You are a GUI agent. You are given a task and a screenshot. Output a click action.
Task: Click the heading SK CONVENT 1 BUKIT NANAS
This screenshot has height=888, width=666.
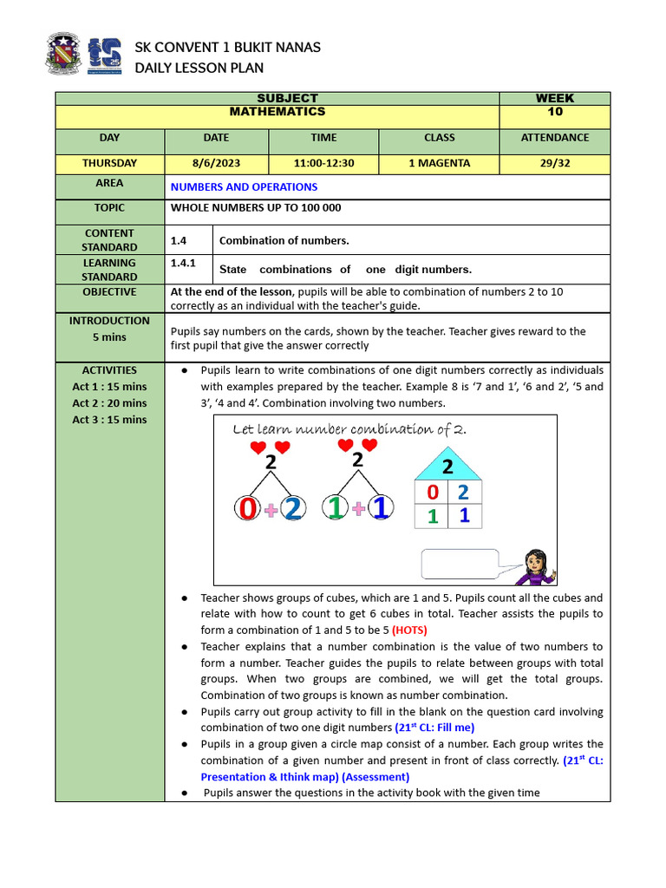tap(227, 47)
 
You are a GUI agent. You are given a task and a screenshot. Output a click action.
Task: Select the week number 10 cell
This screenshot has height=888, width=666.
tap(555, 112)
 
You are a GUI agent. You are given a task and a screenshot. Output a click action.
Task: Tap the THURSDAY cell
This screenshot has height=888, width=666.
tap(109, 163)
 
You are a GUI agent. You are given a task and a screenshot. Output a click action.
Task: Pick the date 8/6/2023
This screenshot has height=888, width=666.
tap(216, 163)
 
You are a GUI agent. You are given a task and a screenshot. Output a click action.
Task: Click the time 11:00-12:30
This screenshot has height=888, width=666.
tap(323, 163)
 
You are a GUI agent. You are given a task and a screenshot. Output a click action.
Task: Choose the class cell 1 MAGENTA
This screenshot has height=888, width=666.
tap(439, 163)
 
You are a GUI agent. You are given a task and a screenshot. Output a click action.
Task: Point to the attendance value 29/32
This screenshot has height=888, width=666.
tap(555, 163)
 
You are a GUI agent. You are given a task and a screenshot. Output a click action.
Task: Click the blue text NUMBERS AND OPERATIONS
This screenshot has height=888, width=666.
tap(244, 186)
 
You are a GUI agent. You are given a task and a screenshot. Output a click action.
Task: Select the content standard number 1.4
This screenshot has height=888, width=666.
tap(179, 240)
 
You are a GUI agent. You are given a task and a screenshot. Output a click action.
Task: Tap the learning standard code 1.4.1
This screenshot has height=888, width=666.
tap(183, 263)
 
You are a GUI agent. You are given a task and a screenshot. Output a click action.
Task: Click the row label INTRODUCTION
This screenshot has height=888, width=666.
tap(109, 321)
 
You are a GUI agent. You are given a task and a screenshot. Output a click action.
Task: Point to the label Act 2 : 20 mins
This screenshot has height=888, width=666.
tap(109, 403)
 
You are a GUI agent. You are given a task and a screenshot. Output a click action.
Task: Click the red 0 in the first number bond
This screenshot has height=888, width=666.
tap(249, 509)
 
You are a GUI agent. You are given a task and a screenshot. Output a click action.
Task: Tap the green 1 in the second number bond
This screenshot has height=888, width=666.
tap(336, 509)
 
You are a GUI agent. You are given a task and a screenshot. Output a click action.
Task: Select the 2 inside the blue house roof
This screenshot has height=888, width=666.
tap(448, 467)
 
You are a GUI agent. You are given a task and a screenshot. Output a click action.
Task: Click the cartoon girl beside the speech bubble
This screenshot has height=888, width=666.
tap(534, 567)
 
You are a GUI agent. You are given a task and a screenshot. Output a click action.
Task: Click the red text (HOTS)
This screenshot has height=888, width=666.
tap(409, 630)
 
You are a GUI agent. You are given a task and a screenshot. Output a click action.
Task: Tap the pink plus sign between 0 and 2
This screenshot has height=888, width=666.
tap(271, 511)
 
